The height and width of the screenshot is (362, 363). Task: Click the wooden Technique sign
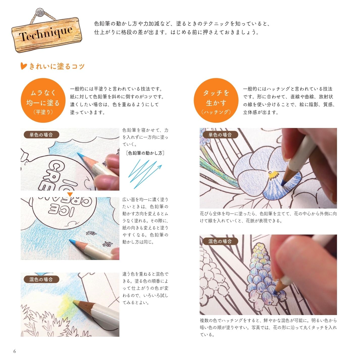[x=47, y=35]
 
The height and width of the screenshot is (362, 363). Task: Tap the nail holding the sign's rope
[x=40, y=12]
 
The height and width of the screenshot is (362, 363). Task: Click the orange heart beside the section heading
[x=23, y=66]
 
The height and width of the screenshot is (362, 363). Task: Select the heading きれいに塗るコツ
[x=57, y=66]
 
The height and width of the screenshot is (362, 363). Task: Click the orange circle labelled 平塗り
[x=43, y=100]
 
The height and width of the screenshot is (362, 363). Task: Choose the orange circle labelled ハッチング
[x=216, y=100]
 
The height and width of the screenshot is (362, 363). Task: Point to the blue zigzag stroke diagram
[x=145, y=174]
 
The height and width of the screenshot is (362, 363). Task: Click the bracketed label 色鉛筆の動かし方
[x=145, y=153]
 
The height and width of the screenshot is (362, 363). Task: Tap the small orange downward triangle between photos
[x=70, y=194]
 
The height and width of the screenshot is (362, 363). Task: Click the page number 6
[x=15, y=351]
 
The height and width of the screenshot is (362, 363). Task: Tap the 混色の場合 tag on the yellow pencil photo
[x=41, y=279]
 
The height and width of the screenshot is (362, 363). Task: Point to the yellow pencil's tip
[x=74, y=301]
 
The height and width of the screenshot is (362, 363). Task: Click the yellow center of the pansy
[x=273, y=174]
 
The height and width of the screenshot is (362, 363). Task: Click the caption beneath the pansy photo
[x=268, y=217]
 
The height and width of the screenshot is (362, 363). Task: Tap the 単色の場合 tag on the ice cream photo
[x=41, y=135]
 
